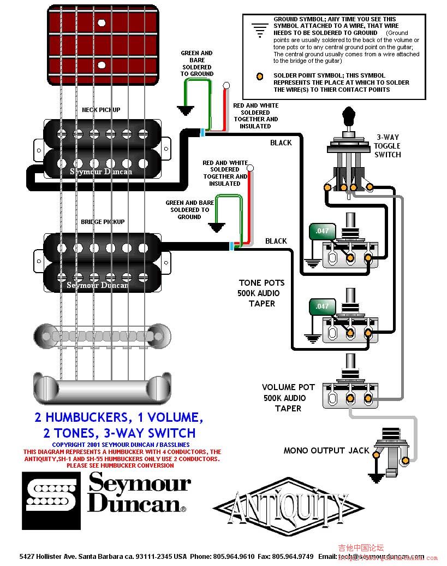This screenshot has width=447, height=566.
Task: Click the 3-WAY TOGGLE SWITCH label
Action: click(387, 146)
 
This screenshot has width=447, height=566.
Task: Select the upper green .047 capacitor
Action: click(322, 231)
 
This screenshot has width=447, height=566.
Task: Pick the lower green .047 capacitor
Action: click(322, 306)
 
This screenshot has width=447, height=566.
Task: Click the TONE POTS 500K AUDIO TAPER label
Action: click(261, 293)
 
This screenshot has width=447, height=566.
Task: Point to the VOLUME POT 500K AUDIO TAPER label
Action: click(288, 398)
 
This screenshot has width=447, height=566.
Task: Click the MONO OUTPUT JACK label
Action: click(326, 450)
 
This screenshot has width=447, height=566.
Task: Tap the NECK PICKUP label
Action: click(101, 110)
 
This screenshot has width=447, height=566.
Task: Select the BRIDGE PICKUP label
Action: click(103, 222)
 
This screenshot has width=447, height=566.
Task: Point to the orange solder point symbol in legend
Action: click(261, 76)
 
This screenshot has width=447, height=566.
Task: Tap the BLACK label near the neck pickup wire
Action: click(281, 143)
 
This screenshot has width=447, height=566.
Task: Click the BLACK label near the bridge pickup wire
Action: click(276, 241)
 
